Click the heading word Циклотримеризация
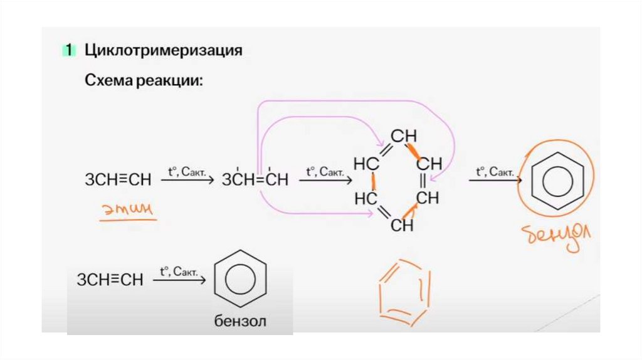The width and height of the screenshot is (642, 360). pyautogui.click(x=163, y=50)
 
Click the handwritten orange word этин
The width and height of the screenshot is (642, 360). pyautogui.click(x=129, y=211)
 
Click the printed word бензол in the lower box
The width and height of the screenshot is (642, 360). pyautogui.click(x=240, y=322)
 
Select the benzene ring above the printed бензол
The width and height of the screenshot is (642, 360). pyautogui.click(x=240, y=281)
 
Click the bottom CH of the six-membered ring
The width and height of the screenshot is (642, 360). pyautogui.click(x=402, y=225)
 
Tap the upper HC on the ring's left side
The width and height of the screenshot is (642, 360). pyautogui.click(x=366, y=164)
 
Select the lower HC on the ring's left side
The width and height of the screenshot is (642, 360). pyautogui.click(x=366, y=199)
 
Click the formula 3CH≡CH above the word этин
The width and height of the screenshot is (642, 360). pyautogui.click(x=118, y=181)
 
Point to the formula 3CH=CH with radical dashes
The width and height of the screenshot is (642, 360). pyautogui.click(x=255, y=181)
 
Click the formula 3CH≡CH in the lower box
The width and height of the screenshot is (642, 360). pyautogui.click(x=110, y=280)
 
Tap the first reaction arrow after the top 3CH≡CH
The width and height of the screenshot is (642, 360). pyautogui.click(x=187, y=181)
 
